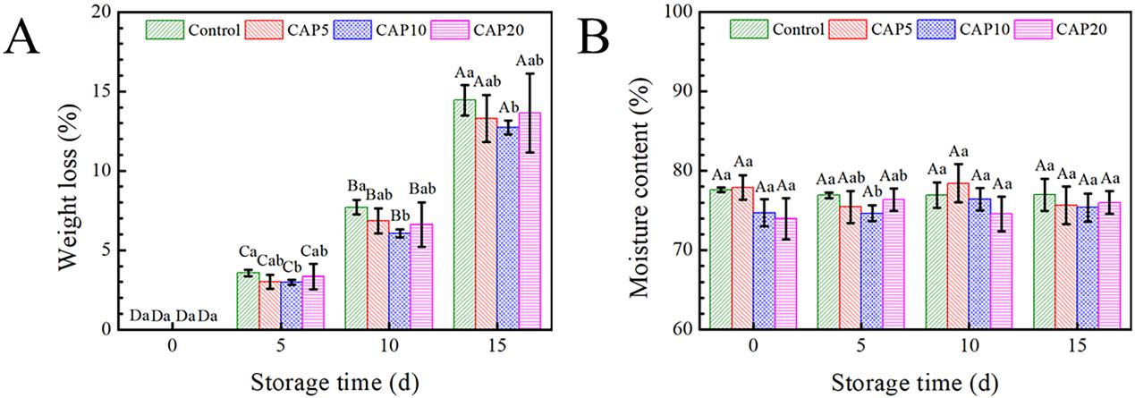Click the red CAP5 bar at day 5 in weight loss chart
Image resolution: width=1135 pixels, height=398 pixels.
click(269, 305)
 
